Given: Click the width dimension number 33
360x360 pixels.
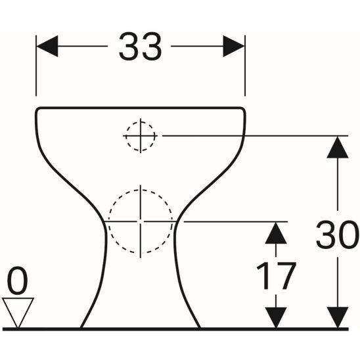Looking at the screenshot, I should click(140, 47).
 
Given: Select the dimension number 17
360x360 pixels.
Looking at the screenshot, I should click(276, 277).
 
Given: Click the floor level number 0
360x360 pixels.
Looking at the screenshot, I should click(18, 282).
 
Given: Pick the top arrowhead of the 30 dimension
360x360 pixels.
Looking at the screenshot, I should click(337, 146).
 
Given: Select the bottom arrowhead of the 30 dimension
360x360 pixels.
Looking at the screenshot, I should click(337, 317).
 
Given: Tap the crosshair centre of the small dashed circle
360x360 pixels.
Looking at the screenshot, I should click(140, 136).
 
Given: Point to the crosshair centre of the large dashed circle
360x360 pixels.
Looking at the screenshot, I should click(140, 221).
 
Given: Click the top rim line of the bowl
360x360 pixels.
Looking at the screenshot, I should click(140, 107).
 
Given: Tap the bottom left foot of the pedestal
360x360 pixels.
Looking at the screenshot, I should click(83, 325).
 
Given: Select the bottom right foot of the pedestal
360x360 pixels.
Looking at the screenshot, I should click(198, 325).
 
